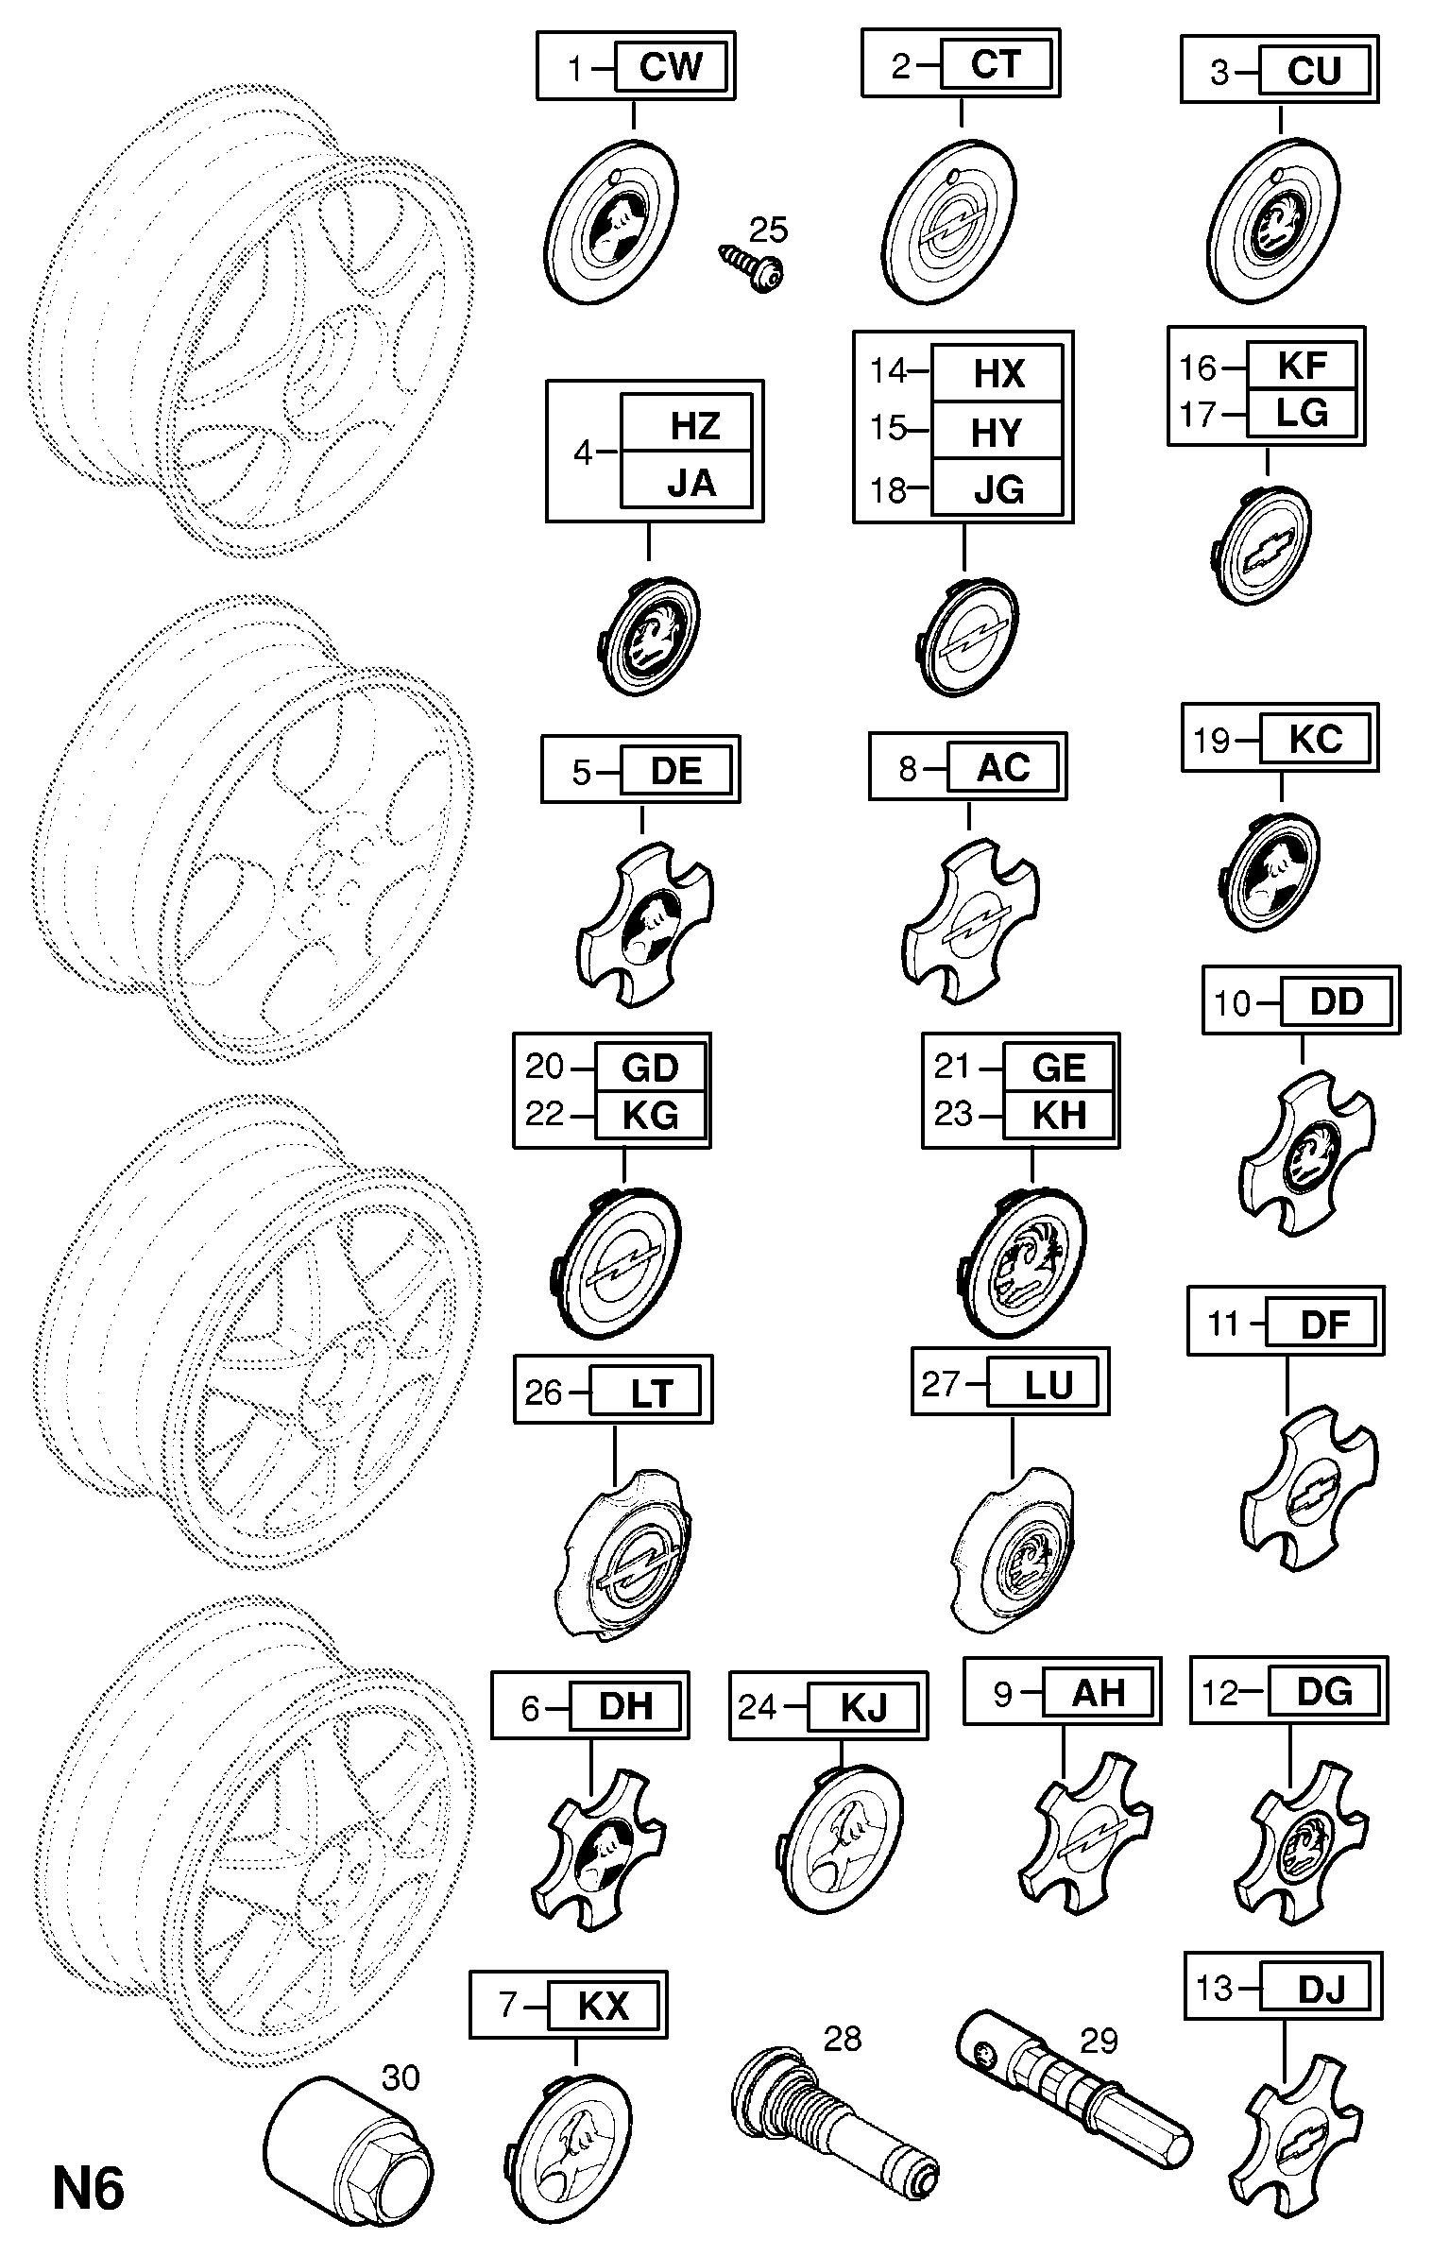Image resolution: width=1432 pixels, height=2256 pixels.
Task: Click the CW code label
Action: (671, 67)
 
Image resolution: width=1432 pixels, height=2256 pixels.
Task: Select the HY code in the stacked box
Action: (997, 433)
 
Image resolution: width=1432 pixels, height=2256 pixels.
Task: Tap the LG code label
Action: (1302, 414)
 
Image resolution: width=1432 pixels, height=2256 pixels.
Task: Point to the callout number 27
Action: (940, 1384)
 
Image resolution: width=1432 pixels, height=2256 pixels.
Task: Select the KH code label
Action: (1059, 1116)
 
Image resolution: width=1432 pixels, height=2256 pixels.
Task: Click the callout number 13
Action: (1215, 1989)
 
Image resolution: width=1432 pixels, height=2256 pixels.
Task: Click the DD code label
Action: (1336, 1002)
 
